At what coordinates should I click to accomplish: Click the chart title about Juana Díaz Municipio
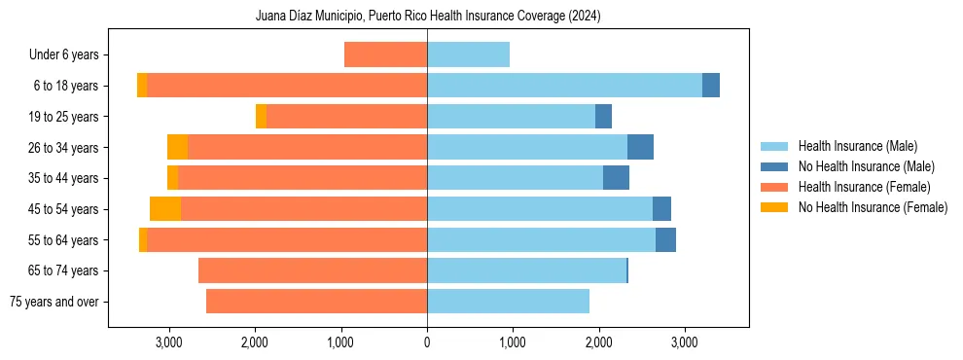point(428,17)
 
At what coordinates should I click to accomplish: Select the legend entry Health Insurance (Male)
point(857,146)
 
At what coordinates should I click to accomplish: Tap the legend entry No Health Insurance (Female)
point(873,207)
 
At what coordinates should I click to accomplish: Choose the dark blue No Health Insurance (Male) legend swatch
point(775,166)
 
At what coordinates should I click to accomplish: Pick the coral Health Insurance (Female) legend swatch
point(775,187)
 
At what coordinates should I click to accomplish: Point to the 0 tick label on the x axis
point(427,342)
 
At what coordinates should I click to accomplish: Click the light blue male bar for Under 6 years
point(468,55)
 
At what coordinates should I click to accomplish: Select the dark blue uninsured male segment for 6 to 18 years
point(710,86)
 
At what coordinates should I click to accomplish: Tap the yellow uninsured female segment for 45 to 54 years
point(165,209)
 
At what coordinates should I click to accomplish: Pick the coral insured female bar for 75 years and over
point(316,302)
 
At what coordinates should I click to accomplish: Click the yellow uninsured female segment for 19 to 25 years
point(261,117)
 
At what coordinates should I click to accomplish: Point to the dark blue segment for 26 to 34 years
point(640,148)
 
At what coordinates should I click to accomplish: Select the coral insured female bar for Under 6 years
point(385,55)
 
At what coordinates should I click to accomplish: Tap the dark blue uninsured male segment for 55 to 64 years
point(665,240)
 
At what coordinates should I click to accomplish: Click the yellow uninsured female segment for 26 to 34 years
point(177,148)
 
